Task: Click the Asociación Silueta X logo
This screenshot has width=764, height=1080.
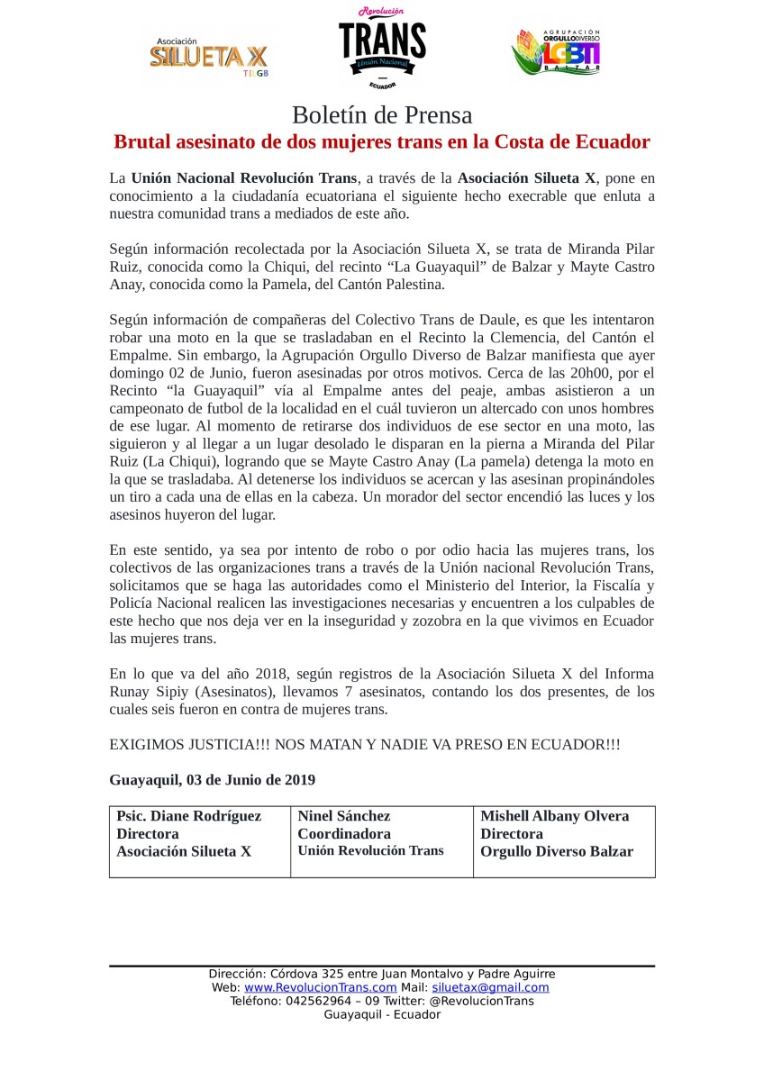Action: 208,56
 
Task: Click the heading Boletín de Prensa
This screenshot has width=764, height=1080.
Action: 382,115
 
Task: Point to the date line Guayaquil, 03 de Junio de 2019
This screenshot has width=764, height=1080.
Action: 212,779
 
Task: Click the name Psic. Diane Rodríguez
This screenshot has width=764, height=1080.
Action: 189,816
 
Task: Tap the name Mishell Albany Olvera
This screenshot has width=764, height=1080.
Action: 555,816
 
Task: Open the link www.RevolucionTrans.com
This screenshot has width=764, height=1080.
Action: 320,987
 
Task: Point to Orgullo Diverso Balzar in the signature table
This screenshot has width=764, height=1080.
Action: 557,851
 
